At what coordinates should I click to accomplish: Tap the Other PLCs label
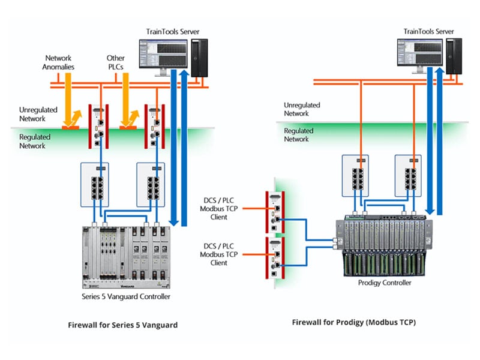(116, 62)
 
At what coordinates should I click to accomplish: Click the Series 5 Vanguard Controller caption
(126, 296)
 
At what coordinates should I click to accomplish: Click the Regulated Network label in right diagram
(299, 134)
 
